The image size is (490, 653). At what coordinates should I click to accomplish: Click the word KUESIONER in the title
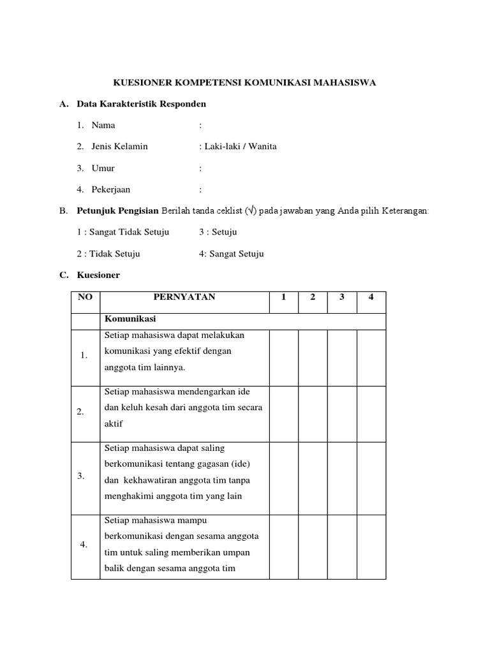point(140,83)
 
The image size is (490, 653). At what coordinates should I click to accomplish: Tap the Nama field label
point(103,125)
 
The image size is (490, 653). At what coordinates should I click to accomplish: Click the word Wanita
point(262,146)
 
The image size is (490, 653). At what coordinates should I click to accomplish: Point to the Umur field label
point(103,168)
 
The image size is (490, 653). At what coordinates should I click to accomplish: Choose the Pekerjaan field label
point(111,189)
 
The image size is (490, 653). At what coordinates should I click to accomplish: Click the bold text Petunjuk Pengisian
point(118,210)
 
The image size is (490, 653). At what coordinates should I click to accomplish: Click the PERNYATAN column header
point(184,297)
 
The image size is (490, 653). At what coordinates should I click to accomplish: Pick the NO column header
point(85,297)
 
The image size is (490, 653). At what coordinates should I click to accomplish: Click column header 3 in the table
point(342,297)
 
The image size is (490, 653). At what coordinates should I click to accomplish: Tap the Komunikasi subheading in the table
point(130,318)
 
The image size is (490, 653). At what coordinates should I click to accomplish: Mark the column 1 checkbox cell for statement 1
point(284,358)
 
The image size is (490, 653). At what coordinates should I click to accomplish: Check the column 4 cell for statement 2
point(371,414)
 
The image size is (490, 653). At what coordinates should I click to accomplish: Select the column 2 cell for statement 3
point(313,478)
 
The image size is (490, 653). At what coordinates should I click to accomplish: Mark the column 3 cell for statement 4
point(342,547)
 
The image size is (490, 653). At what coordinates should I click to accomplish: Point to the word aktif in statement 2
point(112,423)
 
